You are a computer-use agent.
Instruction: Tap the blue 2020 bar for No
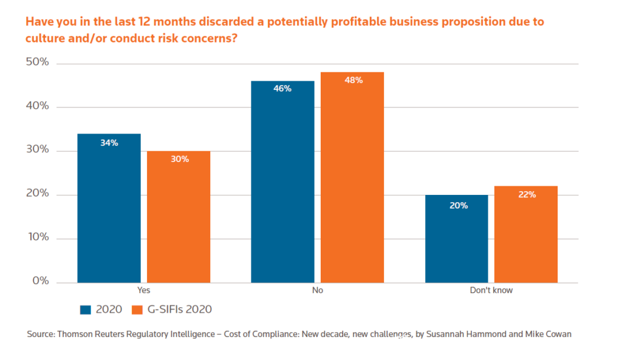pyautogui.click(x=282, y=182)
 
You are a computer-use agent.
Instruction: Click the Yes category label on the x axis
pyautogui.click(x=143, y=290)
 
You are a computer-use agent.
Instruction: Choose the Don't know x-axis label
pyautogui.click(x=491, y=290)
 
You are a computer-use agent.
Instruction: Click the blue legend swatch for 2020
pyautogui.click(x=86, y=310)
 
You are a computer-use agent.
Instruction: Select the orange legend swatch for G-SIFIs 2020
pyautogui.click(x=137, y=310)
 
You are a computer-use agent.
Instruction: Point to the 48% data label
pyautogui.click(x=352, y=80)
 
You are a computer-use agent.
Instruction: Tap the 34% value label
pyautogui.click(x=109, y=143)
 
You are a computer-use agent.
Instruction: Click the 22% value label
pyautogui.click(x=526, y=194)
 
